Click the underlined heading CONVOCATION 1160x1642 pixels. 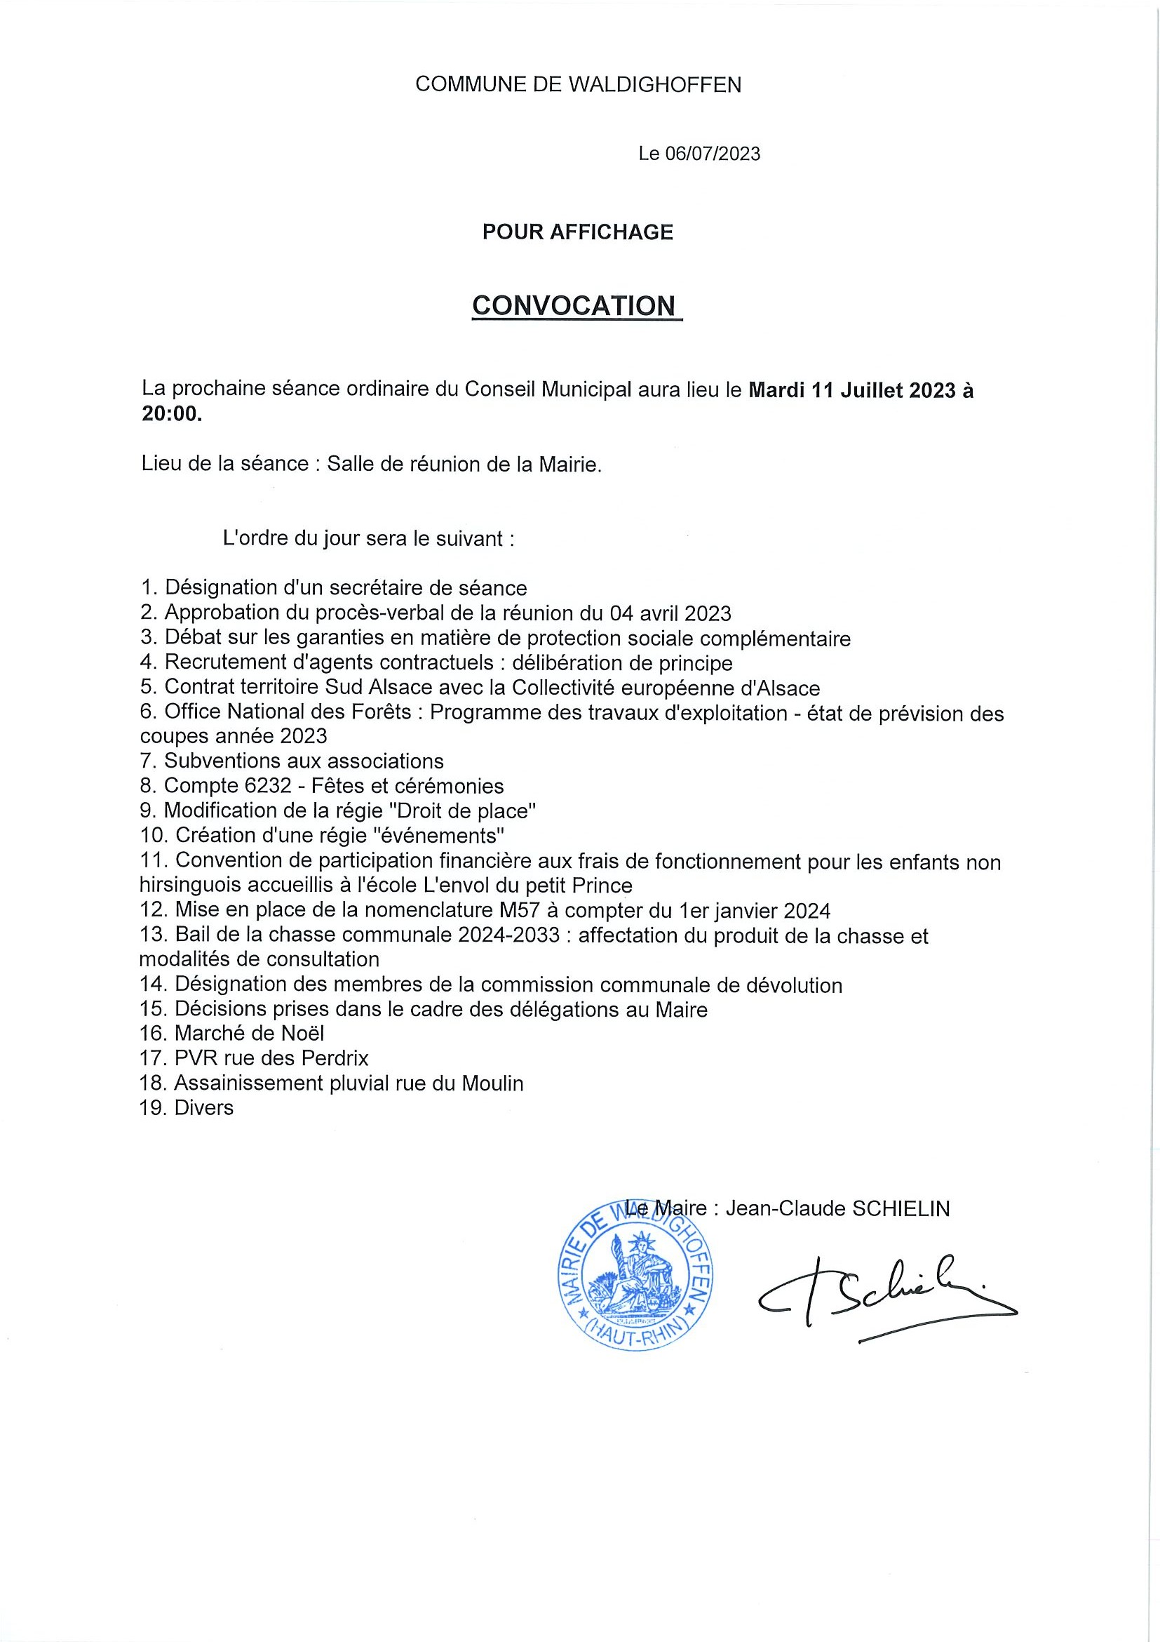(573, 305)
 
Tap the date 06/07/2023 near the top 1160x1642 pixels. (713, 154)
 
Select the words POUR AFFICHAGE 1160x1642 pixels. (577, 232)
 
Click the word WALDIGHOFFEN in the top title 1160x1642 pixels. (654, 85)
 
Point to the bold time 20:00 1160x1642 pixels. (172, 414)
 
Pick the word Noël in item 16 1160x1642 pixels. (301, 1033)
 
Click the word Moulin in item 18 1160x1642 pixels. (492, 1083)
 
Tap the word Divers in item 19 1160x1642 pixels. (203, 1108)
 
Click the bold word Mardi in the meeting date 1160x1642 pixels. (777, 389)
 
